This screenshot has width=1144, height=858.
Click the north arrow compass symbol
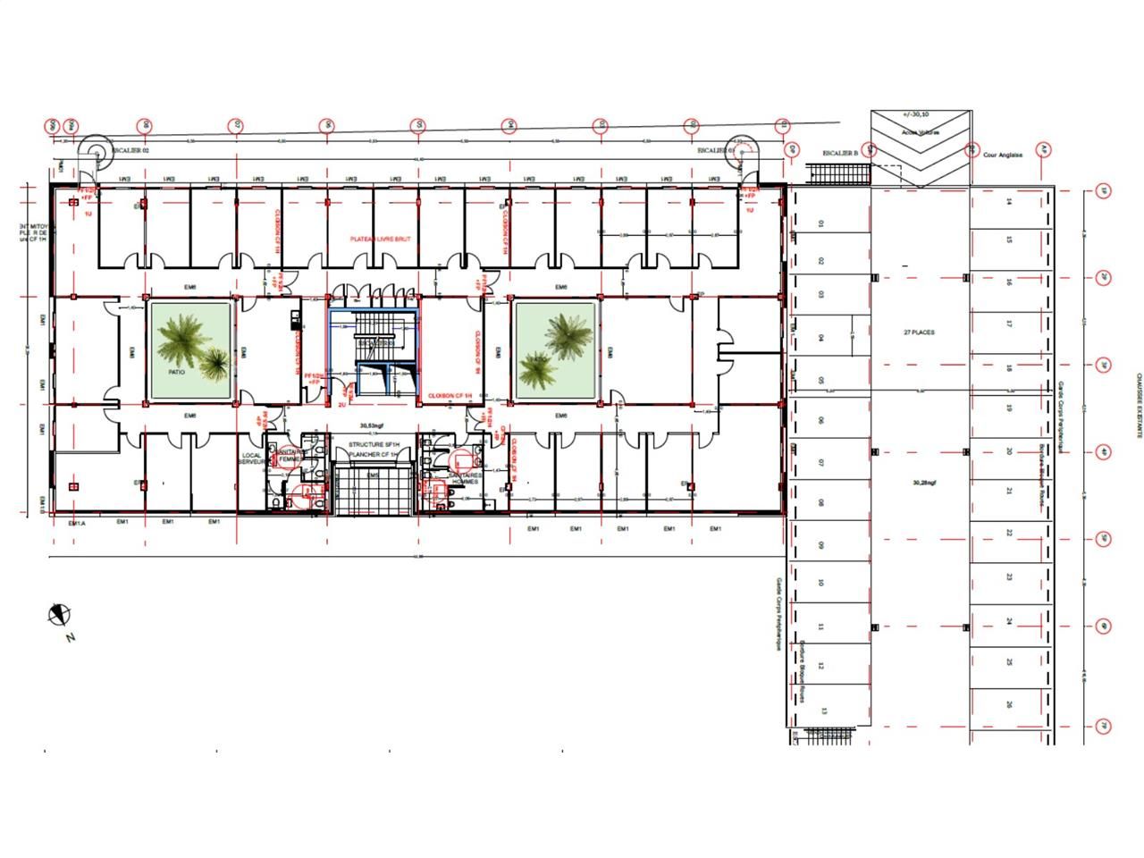tap(60, 614)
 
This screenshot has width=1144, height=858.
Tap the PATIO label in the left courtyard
tap(176, 370)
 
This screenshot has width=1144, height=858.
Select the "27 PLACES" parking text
tap(919, 332)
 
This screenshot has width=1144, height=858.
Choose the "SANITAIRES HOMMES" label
tap(466, 478)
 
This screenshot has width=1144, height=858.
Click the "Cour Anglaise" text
tap(1002, 155)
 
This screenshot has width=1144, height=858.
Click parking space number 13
tap(824, 711)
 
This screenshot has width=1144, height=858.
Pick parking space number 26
tap(1008, 704)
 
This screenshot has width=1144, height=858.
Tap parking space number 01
tap(820, 223)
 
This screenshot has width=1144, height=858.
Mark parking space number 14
tap(1008, 202)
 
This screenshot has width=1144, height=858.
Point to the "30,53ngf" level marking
tap(371, 426)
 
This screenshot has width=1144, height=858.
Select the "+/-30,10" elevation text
tap(916, 114)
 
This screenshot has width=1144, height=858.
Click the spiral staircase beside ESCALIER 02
tap(93, 154)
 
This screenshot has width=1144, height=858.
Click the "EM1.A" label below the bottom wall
tap(77, 523)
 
